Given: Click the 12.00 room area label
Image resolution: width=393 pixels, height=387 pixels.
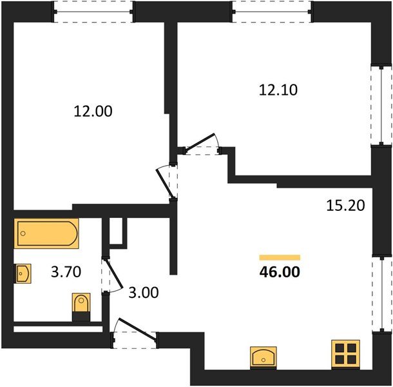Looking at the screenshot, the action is coord(93,112).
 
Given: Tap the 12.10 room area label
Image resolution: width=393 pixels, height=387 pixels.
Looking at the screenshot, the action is coord(278,90).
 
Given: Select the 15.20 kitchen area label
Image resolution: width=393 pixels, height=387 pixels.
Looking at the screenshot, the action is coord(345,205).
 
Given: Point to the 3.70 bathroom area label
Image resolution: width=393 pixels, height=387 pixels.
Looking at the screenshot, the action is coord(66,272).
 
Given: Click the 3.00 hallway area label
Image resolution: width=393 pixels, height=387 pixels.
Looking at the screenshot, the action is coord(144,292).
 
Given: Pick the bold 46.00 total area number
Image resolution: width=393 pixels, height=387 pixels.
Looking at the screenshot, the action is coord(280,272).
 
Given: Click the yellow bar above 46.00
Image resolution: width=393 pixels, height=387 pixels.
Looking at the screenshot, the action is coord(280,257).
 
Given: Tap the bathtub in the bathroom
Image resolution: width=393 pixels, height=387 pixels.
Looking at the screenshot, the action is coord(46,233).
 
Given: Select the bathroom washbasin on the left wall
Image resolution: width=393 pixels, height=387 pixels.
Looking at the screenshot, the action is coord(23,273).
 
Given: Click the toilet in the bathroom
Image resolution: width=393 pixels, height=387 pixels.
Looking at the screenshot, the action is coord(81,306).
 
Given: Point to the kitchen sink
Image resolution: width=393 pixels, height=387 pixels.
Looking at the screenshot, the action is coord(263,357).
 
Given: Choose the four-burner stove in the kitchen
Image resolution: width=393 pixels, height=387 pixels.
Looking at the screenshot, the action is coord(345,354).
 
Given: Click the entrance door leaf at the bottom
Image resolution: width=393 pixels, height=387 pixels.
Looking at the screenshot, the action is coord(137,330).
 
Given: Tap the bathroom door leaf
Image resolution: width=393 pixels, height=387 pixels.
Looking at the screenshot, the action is coord(113,273).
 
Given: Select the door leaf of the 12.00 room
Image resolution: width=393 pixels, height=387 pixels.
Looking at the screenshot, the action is coord(164,184).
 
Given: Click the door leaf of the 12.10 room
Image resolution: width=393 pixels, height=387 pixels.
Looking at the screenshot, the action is coord(200,142).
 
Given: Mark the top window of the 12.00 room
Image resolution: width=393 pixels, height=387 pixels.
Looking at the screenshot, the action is coord(93,12).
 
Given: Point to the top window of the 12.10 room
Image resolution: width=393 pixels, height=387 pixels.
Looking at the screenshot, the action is coord(272,12).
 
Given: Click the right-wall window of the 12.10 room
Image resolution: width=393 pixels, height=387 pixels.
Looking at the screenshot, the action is coord(381,105).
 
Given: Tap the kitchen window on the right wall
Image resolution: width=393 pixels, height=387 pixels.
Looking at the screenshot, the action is coord(381,294).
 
